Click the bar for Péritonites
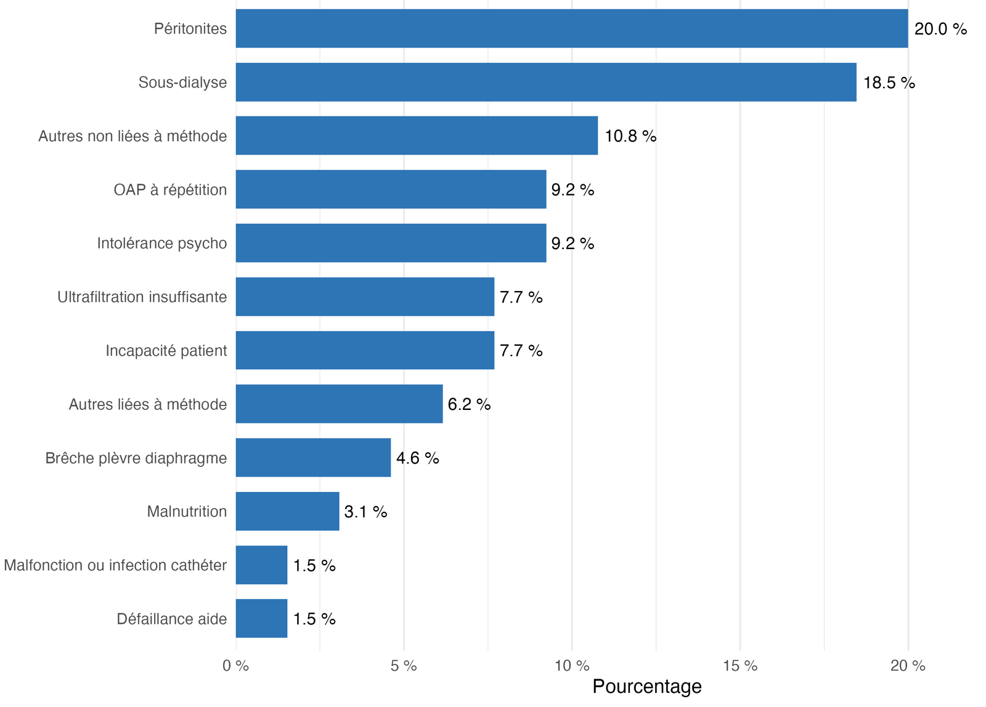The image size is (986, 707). [x=572, y=28]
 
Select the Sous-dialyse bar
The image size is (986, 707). [x=546, y=83]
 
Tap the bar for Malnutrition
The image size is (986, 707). [x=287, y=511]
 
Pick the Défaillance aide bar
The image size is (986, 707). [x=261, y=618]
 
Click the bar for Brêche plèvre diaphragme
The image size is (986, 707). [x=314, y=457]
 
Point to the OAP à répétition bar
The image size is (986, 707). [x=391, y=189]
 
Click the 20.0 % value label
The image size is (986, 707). [x=940, y=29]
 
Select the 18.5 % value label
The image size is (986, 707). [x=889, y=83]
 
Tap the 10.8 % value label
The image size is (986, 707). [x=630, y=136]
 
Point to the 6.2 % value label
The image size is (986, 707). [x=469, y=404]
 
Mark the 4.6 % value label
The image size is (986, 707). [x=418, y=458]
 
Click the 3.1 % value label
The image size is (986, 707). [x=366, y=512]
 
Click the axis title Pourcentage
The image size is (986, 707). [x=647, y=687]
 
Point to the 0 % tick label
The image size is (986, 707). [x=236, y=666]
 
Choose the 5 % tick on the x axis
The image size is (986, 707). [x=404, y=666]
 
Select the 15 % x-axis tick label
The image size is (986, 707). [x=740, y=666]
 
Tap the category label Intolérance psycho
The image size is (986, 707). [x=162, y=243]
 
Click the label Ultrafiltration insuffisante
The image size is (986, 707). [x=142, y=296]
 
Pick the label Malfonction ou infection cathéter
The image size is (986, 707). [x=115, y=565]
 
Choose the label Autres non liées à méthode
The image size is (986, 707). [x=132, y=136]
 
